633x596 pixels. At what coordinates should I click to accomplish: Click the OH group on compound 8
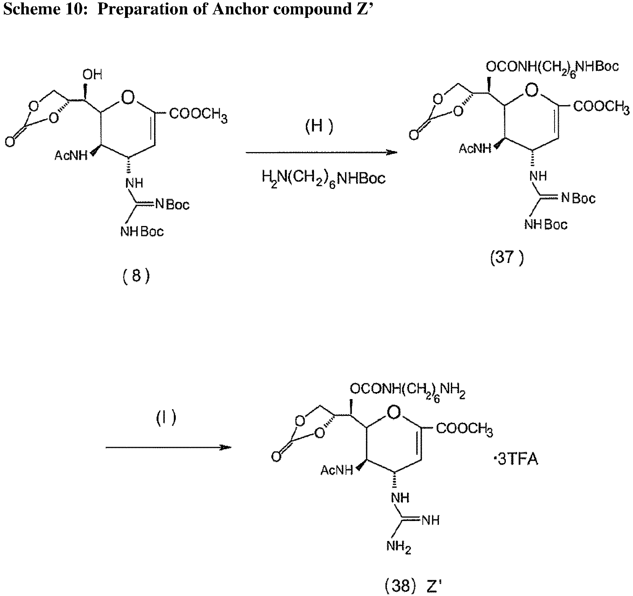(92, 74)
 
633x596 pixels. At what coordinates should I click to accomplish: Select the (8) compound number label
(136, 276)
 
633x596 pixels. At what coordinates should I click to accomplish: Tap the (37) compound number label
(507, 258)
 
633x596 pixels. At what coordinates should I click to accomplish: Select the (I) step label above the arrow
(166, 418)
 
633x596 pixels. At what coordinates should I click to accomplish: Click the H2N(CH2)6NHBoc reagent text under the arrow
(324, 179)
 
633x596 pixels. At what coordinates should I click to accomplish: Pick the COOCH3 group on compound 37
(601, 106)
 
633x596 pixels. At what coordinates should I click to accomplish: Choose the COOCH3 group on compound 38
(464, 429)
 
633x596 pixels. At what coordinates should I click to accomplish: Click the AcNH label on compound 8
(71, 156)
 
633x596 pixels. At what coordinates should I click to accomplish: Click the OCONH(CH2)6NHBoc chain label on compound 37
(552, 67)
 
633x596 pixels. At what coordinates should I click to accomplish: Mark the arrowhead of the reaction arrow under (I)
(226, 447)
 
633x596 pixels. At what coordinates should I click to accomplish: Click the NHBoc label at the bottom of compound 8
(142, 231)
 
